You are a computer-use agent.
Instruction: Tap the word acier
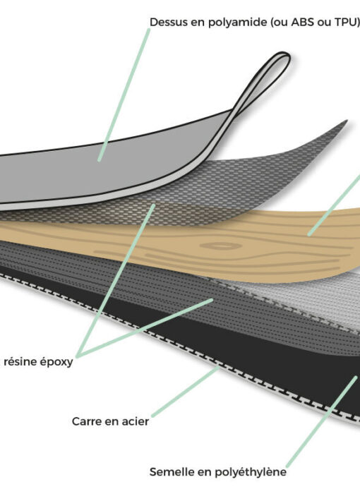pos(136,421)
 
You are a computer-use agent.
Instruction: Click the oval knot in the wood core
pos(221,246)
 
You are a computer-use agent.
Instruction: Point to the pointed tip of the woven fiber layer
pos(346,121)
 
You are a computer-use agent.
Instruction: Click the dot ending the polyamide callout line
pos(100,159)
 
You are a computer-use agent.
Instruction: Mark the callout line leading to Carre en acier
pos(186,392)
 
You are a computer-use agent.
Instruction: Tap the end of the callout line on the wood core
pos(309,235)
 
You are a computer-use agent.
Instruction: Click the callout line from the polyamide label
pos(124,95)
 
